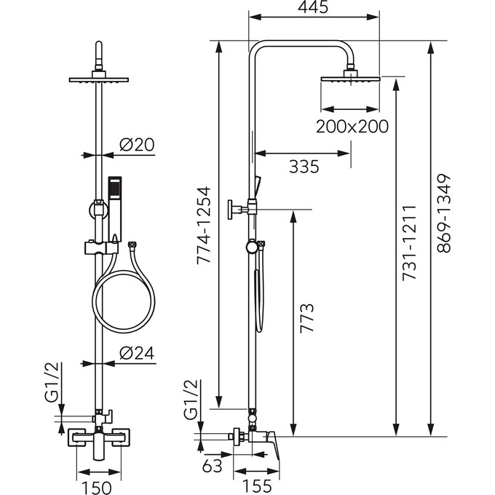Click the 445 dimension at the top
coord(313,9)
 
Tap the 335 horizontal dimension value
coord(304,167)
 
